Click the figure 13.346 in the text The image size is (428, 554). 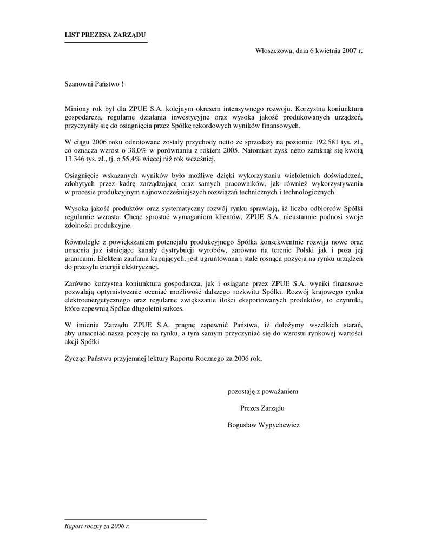(76, 159)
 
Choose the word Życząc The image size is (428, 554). (75, 358)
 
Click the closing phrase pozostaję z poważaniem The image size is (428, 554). (262, 391)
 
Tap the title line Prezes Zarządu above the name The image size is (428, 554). (262, 408)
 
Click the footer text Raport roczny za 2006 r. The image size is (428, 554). (97, 526)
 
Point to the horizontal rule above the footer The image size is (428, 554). (136, 519)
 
